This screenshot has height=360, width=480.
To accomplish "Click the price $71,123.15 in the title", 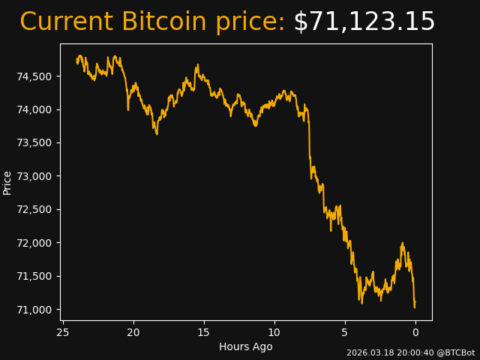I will [x=364, y=22].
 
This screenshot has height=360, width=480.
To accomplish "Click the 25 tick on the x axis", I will [x=63, y=332].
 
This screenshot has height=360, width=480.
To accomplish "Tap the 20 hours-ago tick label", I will [x=133, y=332].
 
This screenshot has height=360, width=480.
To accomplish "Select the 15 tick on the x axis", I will [x=204, y=332].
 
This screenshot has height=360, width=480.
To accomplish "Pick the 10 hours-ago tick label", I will [x=274, y=332].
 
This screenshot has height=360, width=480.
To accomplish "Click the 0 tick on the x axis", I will [x=415, y=332].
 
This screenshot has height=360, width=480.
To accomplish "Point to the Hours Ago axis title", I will [x=246, y=346].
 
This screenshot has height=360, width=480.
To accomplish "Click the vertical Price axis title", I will [x=7, y=182].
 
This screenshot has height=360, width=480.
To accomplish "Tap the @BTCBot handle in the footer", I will [x=454, y=352].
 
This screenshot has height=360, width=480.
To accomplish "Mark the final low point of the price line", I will [x=414, y=307].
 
